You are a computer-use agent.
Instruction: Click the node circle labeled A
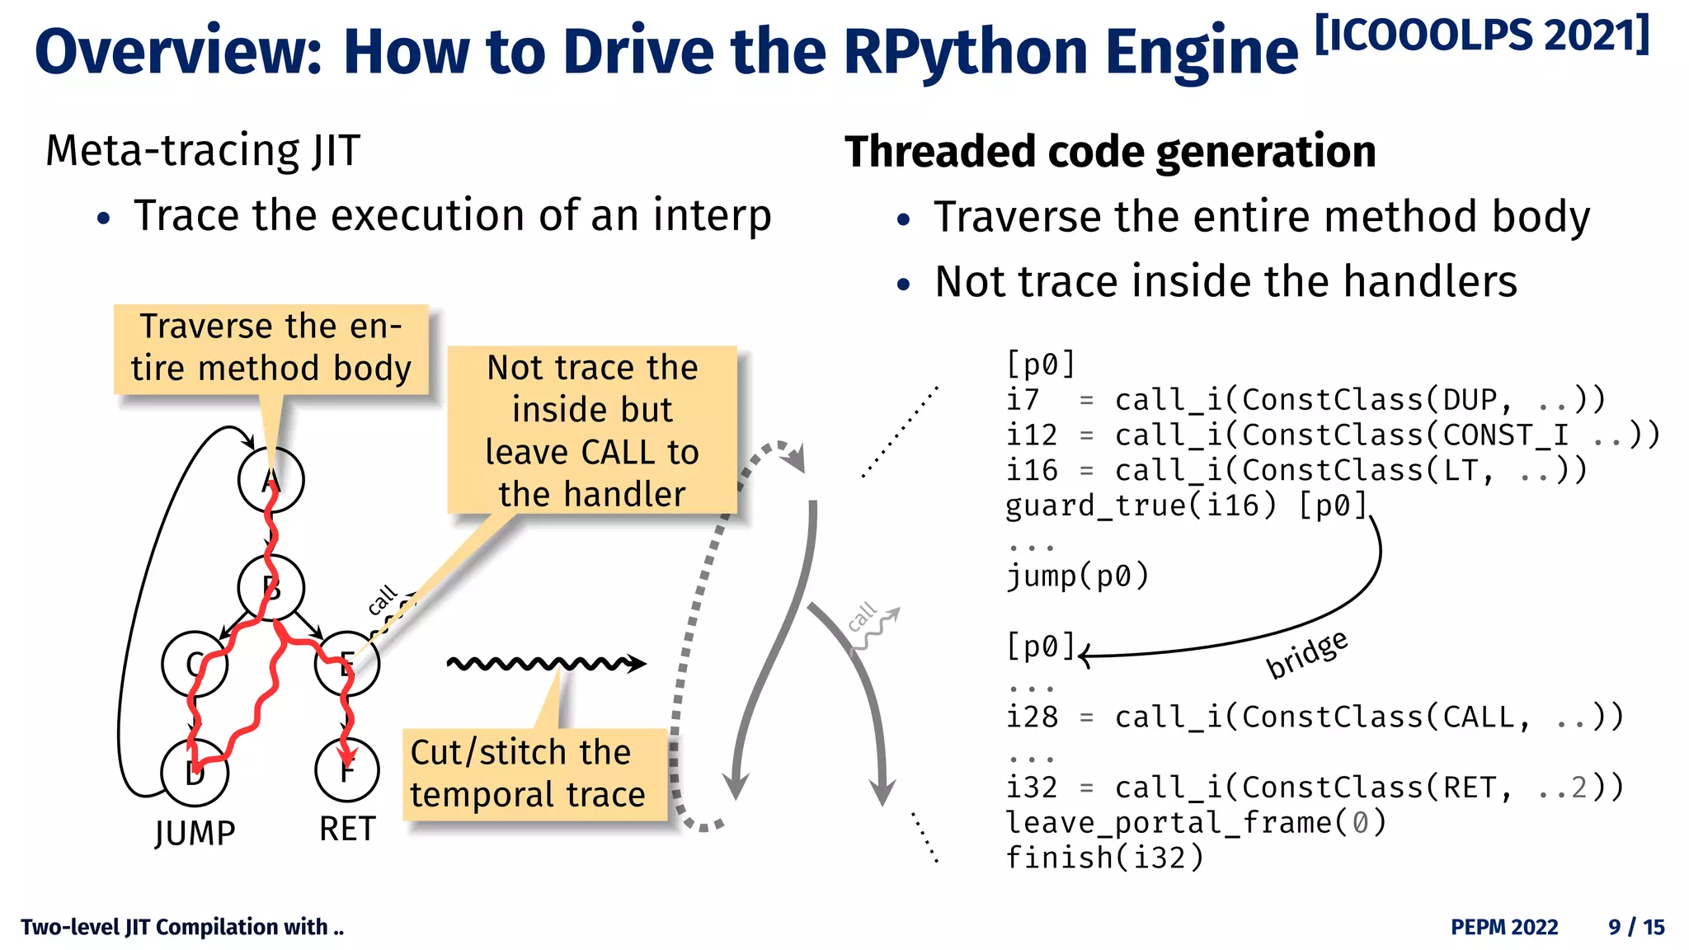click(x=271, y=479)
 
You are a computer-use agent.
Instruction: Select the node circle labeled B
click(x=271, y=588)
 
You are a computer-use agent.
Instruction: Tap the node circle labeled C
click(x=195, y=665)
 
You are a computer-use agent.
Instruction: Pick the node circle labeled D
click(x=195, y=773)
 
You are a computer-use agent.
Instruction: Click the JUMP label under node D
click(x=195, y=833)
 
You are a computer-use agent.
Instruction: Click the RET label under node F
click(x=347, y=829)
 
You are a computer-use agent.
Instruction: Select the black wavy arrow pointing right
click(x=546, y=663)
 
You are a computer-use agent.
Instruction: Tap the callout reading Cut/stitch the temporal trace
click(x=533, y=774)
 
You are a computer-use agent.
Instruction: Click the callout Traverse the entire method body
click(x=271, y=348)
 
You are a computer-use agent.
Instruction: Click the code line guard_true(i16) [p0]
click(x=1186, y=505)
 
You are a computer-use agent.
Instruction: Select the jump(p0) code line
click(x=1077, y=576)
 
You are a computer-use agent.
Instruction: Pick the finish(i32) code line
click(x=1104, y=858)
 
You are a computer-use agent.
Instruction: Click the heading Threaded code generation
click(x=1110, y=152)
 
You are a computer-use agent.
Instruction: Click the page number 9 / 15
click(x=1636, y=927)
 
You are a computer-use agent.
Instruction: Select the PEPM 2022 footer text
click(x=1504, y=927)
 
